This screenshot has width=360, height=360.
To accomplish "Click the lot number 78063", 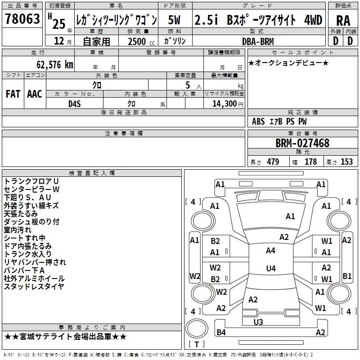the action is [x=22, y=20].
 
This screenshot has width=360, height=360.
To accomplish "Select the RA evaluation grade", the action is [x=343, y=21].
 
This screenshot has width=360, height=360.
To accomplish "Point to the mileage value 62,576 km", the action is [x=49, y=65].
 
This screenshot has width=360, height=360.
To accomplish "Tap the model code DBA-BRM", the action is [x=258, y=41].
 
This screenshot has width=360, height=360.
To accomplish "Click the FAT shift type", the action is [x=13, y=94].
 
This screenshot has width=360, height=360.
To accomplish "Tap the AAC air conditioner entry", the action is [x=34, y=94].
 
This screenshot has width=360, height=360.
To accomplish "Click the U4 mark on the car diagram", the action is [x=270, y=269].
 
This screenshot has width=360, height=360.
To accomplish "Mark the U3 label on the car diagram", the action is [x=258, y=322].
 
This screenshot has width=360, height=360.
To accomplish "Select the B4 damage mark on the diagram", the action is [x=221, y=333].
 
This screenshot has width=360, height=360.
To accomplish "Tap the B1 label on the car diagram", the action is [x=347, y=276].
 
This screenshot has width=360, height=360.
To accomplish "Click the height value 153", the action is [x=346, y=162].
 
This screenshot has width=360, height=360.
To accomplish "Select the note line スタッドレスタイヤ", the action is [x=34, y=287].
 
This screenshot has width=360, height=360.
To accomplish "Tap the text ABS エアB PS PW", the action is [x=279, y=121].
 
